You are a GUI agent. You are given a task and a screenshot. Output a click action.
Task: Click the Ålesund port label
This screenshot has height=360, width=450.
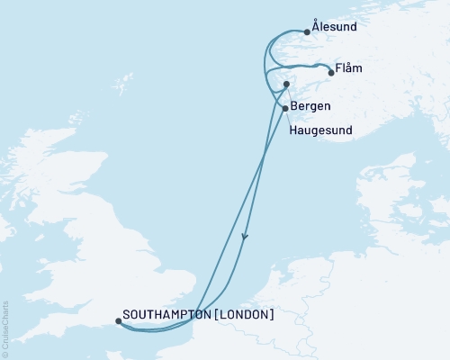click(x=334, y=27)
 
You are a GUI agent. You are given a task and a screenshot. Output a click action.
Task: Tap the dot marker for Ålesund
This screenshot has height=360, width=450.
click(x=307, y=32)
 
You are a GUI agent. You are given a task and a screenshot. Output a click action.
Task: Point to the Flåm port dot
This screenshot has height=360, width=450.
click(x=331, y=74)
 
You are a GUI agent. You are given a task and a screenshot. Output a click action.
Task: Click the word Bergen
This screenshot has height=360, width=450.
click(x=310, y=107)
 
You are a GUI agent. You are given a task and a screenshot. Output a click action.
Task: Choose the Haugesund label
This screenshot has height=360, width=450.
click(x=320, y=130)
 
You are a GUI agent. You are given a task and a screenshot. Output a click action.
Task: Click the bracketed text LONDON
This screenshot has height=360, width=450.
click(x=243, y=316)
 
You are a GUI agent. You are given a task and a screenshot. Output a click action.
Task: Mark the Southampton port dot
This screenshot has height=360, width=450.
click(x=119, y=320)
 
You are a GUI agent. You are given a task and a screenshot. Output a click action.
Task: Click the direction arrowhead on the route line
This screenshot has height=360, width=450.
click(x=244, y=238)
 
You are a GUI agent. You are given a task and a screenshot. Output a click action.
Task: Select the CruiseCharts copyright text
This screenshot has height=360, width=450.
click(x=5, y=328)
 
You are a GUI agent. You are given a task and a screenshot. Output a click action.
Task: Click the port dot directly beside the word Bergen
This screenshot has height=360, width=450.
click(x=285, y=109)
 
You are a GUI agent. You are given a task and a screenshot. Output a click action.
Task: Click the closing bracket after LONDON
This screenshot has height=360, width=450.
click(x=272, y=316)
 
